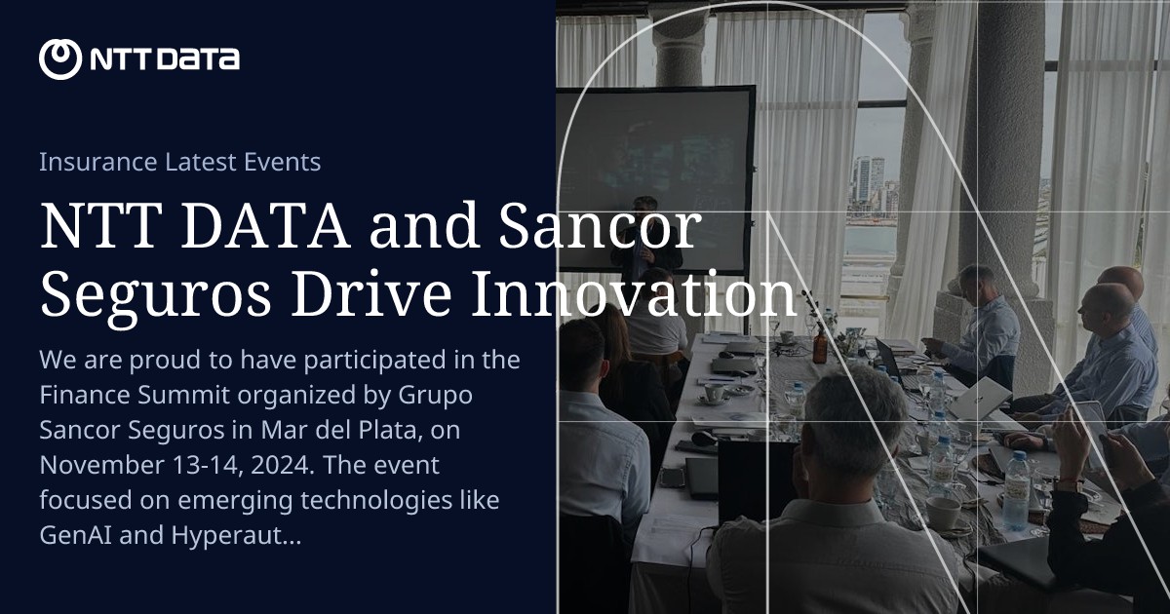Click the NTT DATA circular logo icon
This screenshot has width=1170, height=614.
point(59,59)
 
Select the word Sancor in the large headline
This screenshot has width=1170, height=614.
point(599,227)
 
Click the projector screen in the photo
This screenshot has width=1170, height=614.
point(655,175)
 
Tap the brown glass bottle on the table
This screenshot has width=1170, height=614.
point(820,345)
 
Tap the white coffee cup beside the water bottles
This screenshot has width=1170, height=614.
point(943,511)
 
